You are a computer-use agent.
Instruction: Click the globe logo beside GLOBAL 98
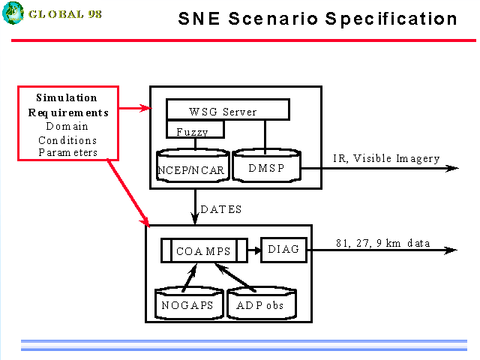pos(13,13)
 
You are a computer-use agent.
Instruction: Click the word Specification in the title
pos(391,19)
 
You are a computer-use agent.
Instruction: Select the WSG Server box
pos(228,109)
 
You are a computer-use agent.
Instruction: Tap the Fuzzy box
pos(195,129)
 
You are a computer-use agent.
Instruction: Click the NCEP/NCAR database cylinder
pos(193,166)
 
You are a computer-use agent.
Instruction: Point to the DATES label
pos(221,209)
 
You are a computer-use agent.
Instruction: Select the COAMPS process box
pos(204,250)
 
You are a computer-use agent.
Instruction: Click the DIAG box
pos(283,250)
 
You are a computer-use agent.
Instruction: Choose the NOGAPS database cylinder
pos(189,303)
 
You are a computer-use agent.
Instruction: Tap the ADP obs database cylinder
pos(262,303)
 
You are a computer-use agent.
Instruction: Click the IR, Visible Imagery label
pos(386,158)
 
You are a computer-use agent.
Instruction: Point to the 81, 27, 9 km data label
pos(383,243)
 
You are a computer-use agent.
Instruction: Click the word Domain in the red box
pos(67,126)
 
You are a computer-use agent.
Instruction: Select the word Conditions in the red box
pos(67,140)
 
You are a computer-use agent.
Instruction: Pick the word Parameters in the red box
pos(67,152)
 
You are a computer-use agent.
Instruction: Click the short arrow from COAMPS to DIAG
pos(254,250)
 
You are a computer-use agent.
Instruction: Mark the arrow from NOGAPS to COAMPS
pos(190,277)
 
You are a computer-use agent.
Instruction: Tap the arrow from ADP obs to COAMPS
pos(235,277)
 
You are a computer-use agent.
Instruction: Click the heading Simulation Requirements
pos(68,105)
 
